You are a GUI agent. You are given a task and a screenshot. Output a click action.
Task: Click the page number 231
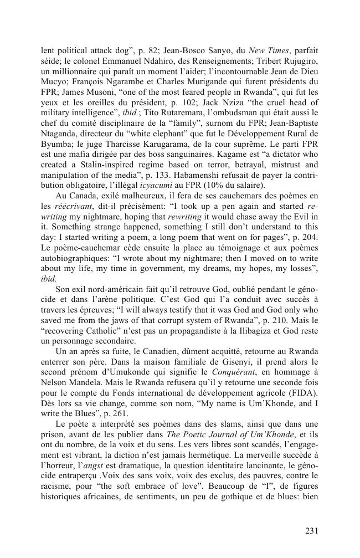point(311,530)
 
